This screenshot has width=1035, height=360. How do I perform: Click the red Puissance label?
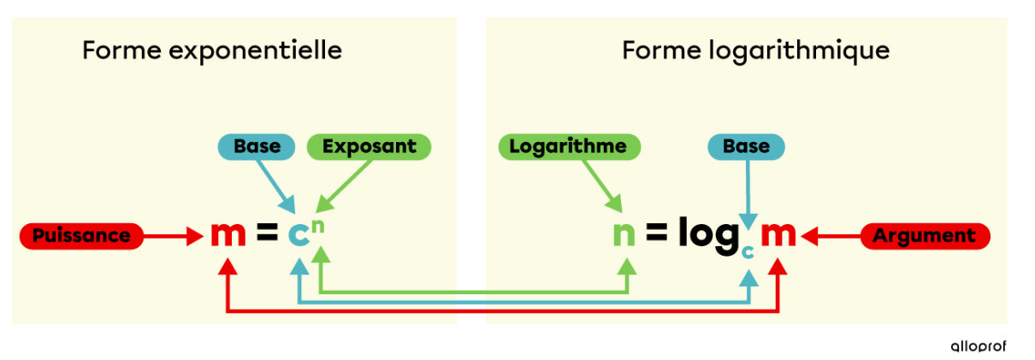(75, 235)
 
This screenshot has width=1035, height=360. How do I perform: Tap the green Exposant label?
(369, 147)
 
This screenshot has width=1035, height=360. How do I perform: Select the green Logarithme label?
(567, 147)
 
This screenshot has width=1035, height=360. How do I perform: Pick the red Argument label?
(925, 235)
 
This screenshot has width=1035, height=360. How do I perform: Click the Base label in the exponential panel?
(257, 147)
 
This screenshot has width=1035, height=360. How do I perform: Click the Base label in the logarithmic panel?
(746, 147)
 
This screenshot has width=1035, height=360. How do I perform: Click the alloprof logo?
(979, 346)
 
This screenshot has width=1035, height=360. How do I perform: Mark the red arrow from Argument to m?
(833, 235)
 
